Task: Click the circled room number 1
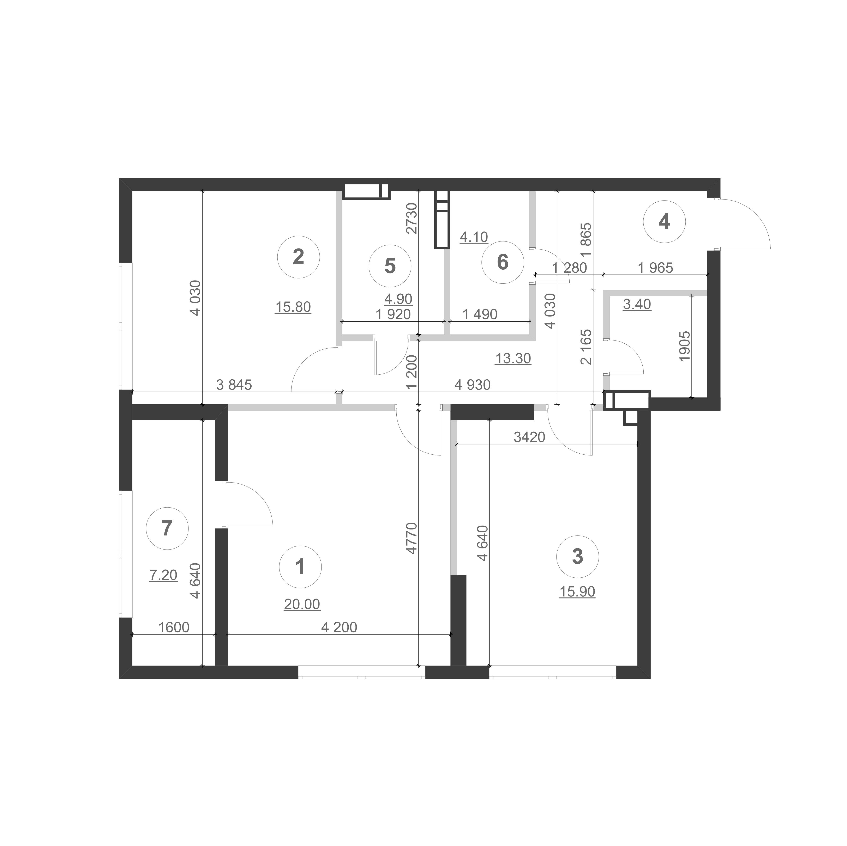pos(300,567)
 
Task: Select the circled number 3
pos(577,557)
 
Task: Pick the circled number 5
pos(390,266)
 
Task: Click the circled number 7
pos(167,528)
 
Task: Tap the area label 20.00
pos(302,605)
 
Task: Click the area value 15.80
pos(293,307)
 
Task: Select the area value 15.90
pos(577,592)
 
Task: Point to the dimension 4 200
pos(339,627)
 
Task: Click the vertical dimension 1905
pos(684,346)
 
